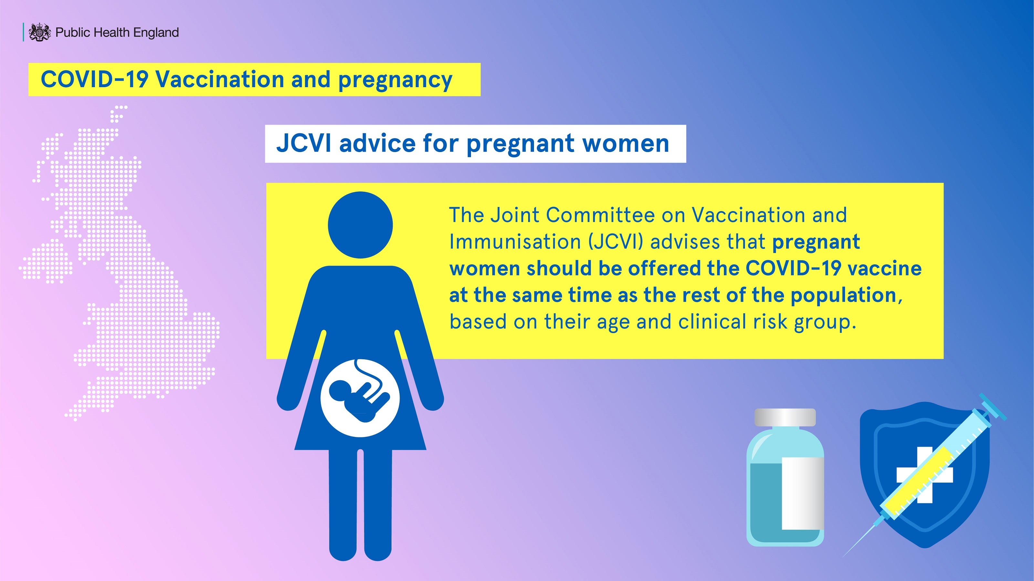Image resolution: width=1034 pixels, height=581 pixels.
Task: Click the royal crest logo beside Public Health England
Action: coord(40,32)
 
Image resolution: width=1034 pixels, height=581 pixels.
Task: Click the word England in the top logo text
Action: coord(156,33)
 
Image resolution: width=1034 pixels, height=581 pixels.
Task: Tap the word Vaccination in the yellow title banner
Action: coord(220,79)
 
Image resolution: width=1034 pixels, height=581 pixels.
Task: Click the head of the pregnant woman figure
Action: coord(360,225)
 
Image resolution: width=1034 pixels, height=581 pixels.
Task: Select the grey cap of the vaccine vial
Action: coord(785,417)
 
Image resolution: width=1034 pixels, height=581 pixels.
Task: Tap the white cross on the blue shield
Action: coord(925,475)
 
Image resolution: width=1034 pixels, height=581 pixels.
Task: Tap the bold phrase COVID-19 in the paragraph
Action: coord(793,268)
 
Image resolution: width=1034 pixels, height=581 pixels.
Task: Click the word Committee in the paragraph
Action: coord(601,215)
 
